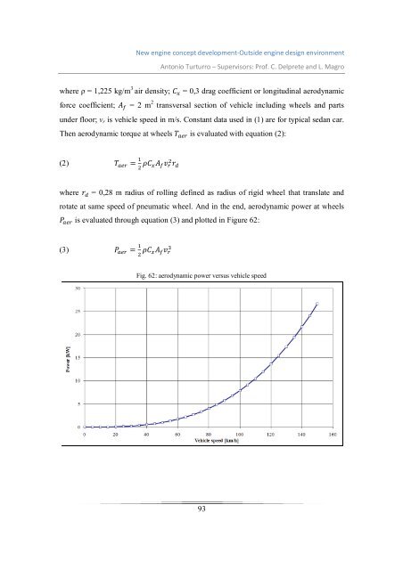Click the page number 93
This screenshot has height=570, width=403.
[201, 533]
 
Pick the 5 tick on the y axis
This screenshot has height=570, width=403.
[78, 403]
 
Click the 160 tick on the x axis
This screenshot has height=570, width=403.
[333, 435]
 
